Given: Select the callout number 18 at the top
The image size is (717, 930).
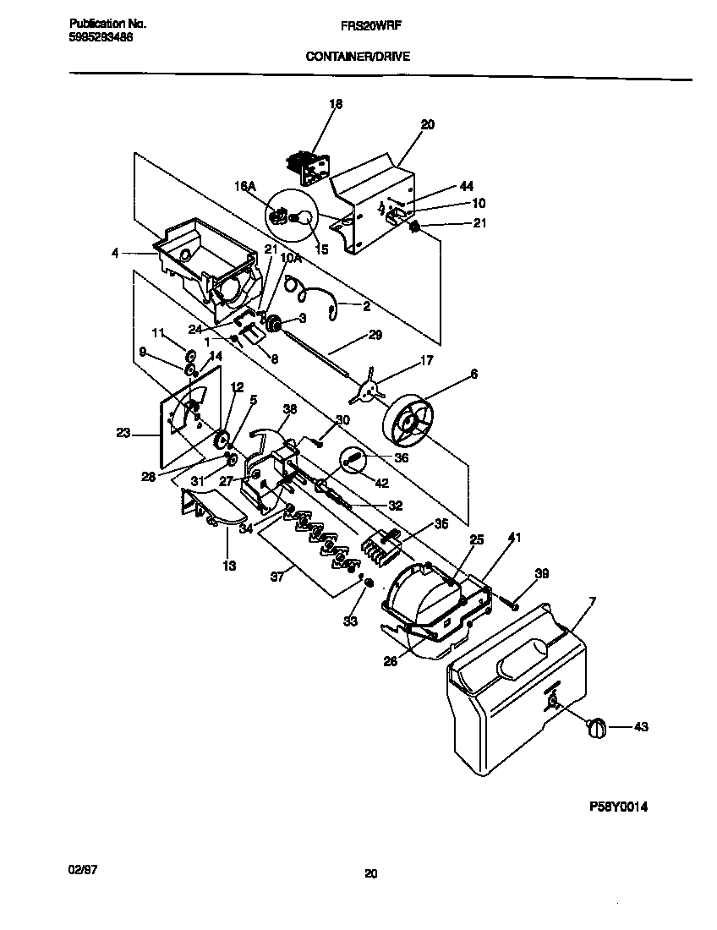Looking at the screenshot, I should click(336, 104).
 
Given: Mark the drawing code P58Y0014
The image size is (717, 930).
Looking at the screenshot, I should click(618, 807).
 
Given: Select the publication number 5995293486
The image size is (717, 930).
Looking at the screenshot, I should click(100, 38).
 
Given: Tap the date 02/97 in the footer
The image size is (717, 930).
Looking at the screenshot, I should click(79, 869).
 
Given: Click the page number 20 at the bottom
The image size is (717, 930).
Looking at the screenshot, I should click(370, 874).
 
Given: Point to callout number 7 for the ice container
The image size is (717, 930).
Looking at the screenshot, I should click(592, 601).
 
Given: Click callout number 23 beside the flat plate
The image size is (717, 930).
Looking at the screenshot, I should click(123, 432).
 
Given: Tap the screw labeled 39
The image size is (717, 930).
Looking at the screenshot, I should click(512, 602).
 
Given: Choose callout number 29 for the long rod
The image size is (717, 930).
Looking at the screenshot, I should click(375, 335).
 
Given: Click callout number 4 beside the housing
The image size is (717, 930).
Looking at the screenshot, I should click(115, 251).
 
